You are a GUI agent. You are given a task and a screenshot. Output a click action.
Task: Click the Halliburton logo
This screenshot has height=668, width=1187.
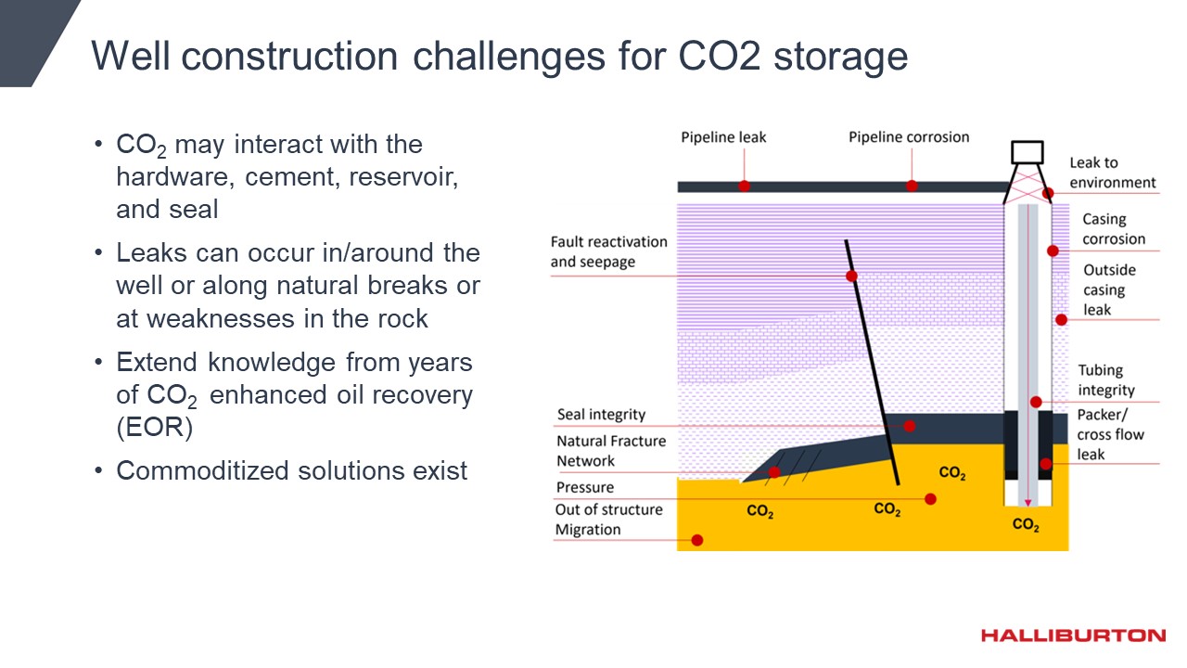(x=1073, y=636)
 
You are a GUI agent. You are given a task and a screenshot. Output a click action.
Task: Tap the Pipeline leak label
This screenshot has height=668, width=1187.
(x=723, y=137)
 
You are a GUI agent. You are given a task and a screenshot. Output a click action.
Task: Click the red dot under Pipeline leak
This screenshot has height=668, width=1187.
(x=744, y=186)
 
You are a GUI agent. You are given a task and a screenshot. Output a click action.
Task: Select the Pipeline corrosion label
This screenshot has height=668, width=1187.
(x=909, y=136)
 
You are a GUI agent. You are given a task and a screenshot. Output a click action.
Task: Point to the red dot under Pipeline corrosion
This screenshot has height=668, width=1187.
(x=912, y=186)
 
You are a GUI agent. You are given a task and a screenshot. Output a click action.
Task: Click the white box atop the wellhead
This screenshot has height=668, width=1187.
(x=1027, y=152)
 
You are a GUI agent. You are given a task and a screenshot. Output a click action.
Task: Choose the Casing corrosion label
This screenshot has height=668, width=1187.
(x=1114, y=229)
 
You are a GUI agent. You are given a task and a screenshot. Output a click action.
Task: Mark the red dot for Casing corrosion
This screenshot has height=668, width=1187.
(x=1053, y=250)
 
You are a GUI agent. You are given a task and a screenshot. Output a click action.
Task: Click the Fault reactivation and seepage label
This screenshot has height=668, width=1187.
(x=609, y=251)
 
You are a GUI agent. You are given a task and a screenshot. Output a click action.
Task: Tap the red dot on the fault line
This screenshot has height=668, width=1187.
(x=851, y=276)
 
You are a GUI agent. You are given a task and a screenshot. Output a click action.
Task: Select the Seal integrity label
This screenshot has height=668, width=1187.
(x=602, y=414)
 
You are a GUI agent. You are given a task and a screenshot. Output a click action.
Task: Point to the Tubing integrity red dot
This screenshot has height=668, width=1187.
(x=1036, y=403)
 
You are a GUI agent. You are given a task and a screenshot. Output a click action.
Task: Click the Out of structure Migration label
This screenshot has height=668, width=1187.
(x=609, y=520)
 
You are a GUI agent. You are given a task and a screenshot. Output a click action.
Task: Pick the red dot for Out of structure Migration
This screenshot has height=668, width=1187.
(x=697, y=540)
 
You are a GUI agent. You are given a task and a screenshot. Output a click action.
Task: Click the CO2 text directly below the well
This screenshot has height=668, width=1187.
(x=1026, y=524)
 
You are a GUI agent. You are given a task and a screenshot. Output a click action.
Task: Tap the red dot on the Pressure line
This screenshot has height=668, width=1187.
(x=930, y=499)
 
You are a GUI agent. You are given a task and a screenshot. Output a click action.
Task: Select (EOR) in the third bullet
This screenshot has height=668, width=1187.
(x=154, y=428)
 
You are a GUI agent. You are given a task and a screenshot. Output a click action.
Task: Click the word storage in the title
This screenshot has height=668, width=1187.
(x=841, y=56)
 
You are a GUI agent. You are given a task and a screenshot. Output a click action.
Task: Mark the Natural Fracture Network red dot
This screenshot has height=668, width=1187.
(x=774, y=472)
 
